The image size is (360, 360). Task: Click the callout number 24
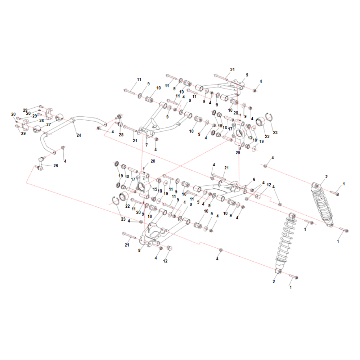pos(79,135)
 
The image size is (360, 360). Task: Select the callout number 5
pos(247,75)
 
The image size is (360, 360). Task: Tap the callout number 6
pos(254,179)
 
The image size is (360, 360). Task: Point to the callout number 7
pos(147,145)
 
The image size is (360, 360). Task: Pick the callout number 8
pos(139,250)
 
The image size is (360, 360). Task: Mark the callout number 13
pos(250,138)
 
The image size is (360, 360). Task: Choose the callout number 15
pos(155,189)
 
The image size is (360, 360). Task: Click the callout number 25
pos(121,135)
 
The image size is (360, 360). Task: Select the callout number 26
pos(55,166)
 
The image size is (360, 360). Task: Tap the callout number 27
pos(49,125)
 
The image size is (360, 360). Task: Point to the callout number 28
pos(41,120)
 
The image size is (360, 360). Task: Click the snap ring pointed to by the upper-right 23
pos(269,117)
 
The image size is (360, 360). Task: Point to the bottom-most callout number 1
pos(291,287)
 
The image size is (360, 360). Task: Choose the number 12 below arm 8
pos(165,261)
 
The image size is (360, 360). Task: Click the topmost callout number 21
pos(232,69)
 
